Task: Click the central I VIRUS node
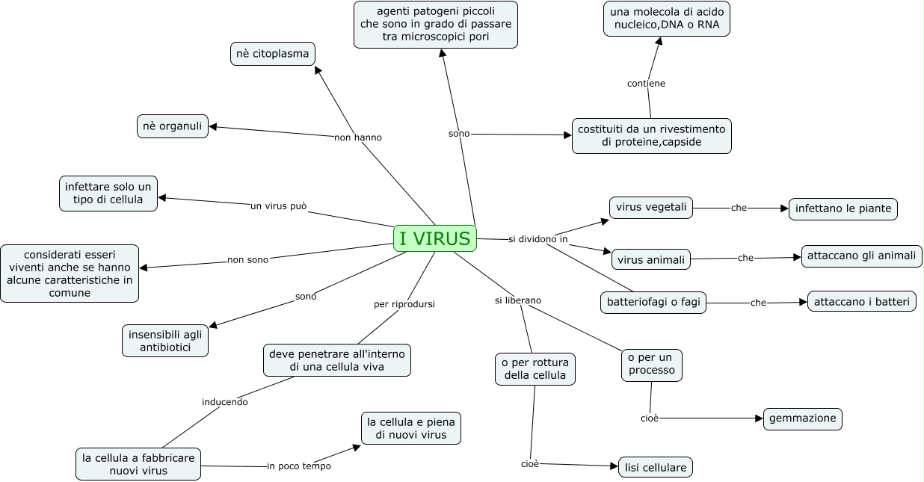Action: coord(434,238)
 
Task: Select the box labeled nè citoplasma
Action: coord(272,55)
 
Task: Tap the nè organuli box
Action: coord(173,126)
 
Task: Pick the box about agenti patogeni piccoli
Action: coord(436,24)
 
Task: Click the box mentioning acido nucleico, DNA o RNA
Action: coord(667,19)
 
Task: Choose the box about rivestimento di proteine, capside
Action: coord(651,135)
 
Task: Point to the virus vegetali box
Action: coord(650,207)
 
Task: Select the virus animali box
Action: coord(650,260)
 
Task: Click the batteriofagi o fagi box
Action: coord(653,303)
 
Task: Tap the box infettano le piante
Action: coord(843,208)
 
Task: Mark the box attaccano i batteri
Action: coord(861,301)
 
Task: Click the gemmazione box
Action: coord(802,418)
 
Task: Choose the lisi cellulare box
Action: coord(656,467)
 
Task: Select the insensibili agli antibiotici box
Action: coord(164,341)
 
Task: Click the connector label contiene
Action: coord(646,84)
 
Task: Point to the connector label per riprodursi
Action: coord(404,304)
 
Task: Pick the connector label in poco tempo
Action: coord(299,466)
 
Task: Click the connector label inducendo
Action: coord(224,402)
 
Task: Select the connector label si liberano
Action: coord(517,300)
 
